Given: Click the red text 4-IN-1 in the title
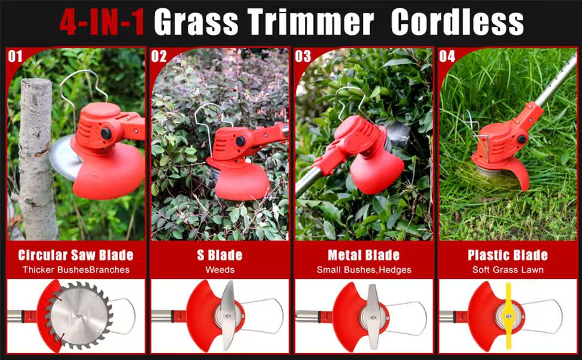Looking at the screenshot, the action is pyautogui.click(x=102, y=22).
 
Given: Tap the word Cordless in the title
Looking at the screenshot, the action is pyautogui.click(x=457, y=22).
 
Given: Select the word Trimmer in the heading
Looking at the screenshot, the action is pyautogui.click(x=311, y=22).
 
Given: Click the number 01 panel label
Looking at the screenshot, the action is pyautogui.click(x=15, y=56).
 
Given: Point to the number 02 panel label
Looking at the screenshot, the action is pyautogui.click(x=159, y=56).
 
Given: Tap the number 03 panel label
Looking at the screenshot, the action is pyautogui.click(x=303, y=56).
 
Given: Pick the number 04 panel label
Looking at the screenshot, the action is pyautogui.click(x=447, y=56).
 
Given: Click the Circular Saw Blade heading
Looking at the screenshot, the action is pyautogui.click(x=76, y=255).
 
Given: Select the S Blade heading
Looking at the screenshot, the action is pyautogui.click(x=220, y=255).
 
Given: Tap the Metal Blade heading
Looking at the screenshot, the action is pyautogui.click(x=364, y=255).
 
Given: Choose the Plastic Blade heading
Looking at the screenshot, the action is pyautogui.click(x=508, y=255).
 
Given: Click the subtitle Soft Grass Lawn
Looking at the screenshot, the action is pyautogui.click(x=508, y=270).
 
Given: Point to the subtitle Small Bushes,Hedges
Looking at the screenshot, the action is pyautogui.click(x=364, y=270).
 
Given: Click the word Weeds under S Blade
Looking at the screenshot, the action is pyautogui.click(x=220, y=270).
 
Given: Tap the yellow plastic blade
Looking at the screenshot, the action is pyautogui.click(x=508, y=316).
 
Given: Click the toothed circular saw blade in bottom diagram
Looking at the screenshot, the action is pyautogui.click(x=79, y=316).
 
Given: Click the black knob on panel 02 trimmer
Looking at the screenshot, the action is pyautogui.click(x=240, y=141).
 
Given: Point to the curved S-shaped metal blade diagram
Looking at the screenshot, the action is pyautogui.click(x=227, y=316).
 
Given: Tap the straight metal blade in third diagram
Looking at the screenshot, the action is pyautogui.click(x=372, y=317).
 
